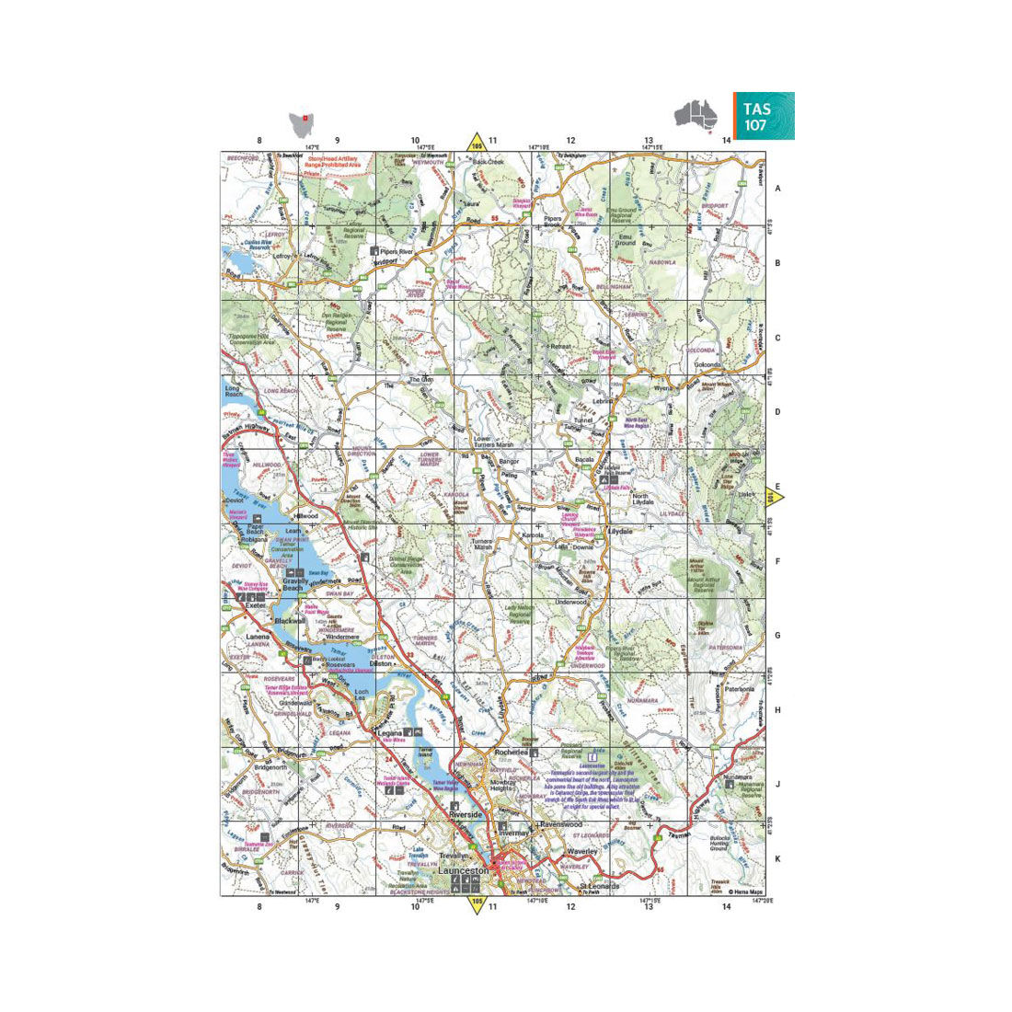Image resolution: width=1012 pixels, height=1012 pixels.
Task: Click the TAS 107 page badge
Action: point(763,116)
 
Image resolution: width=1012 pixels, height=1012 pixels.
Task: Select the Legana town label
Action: point(389,732)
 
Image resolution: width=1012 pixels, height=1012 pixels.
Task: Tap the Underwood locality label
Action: point(570,602)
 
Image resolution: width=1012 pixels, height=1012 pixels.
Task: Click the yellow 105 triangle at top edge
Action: point(477,144)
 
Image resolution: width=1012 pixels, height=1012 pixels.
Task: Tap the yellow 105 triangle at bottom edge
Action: point(477,904)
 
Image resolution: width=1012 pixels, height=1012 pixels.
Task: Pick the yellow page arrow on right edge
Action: point(775,498)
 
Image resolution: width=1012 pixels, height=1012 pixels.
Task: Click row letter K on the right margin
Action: point(777,859)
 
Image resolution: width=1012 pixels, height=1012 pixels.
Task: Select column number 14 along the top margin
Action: point(726,141)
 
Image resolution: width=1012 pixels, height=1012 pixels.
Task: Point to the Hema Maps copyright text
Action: point(746,891)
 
